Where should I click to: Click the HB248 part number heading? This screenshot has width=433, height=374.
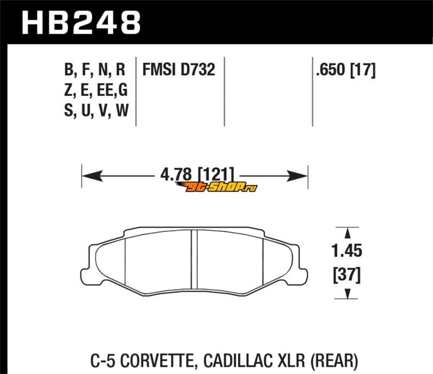[x=81, y=23]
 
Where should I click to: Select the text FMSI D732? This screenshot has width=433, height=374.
[x=179, y=69]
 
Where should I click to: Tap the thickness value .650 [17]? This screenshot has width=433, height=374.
[x=346, y=70]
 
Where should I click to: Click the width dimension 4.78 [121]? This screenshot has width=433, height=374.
[x=197, y=175]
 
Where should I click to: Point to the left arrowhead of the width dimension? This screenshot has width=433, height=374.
[x=92, y=176]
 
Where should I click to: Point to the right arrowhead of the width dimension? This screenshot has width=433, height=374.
[x=297, y=176]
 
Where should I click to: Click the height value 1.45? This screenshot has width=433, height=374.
[x=346, y=251]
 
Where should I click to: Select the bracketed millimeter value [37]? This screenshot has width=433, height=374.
[x=347, y=275]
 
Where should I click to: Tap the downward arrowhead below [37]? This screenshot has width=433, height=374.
[x=347, y=293]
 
